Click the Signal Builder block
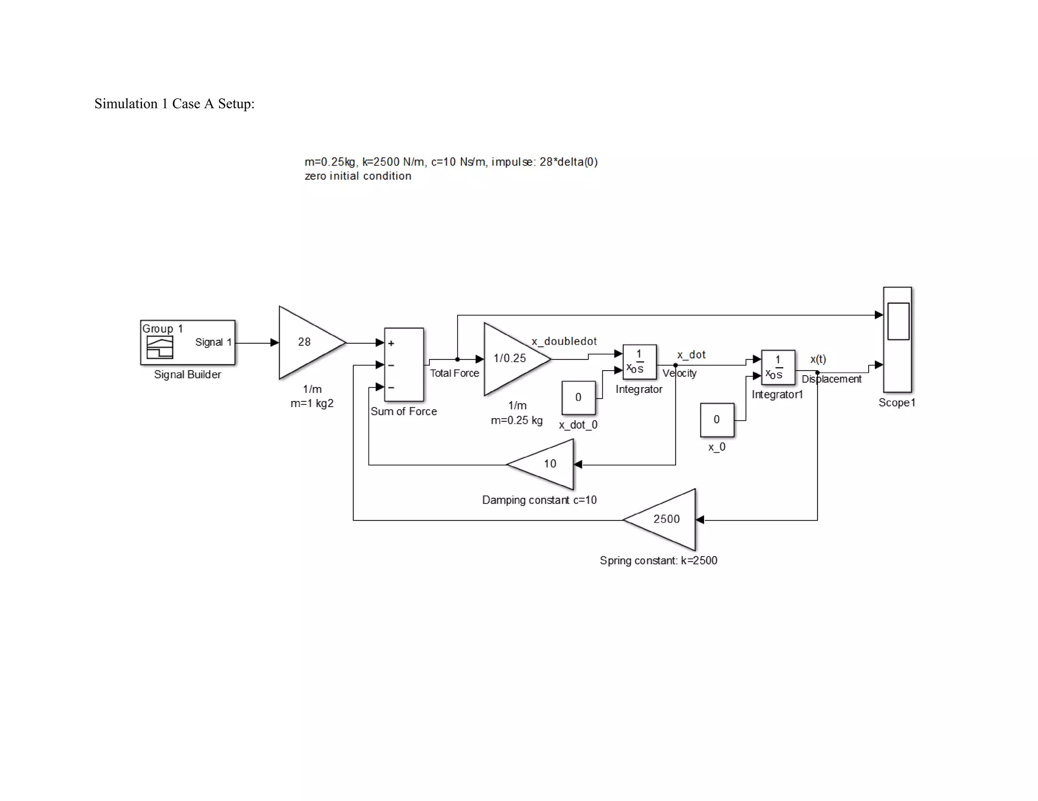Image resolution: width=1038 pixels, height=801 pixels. coord(188,342)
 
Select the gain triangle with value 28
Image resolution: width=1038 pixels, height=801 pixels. coord(307,342)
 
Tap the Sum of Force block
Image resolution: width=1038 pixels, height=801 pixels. coord(404,365)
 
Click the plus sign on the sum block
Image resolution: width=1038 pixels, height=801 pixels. coord(391,343)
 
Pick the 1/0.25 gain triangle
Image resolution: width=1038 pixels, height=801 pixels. coord(512,358)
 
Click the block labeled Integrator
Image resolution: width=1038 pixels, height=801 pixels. coord(639,362)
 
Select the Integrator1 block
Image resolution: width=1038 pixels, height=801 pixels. coord(778,367)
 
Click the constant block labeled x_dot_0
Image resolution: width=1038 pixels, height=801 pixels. coord(578,397)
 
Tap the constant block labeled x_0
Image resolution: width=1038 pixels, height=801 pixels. coord(717,420)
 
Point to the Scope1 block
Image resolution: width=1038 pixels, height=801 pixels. coord(897,339)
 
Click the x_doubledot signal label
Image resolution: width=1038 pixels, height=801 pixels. coord(564,341)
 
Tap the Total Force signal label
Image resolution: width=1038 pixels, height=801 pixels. coord(454,373)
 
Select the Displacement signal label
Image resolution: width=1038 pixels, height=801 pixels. coord(831,379)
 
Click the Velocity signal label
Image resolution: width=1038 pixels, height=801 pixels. coord(679,373)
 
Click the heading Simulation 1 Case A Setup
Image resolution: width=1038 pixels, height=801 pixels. coord(174,104)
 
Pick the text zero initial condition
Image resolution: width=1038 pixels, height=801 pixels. coord(358,176)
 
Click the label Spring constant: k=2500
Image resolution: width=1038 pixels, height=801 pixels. coord(658,560)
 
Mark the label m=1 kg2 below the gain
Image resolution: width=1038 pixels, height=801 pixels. coord(312,404)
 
